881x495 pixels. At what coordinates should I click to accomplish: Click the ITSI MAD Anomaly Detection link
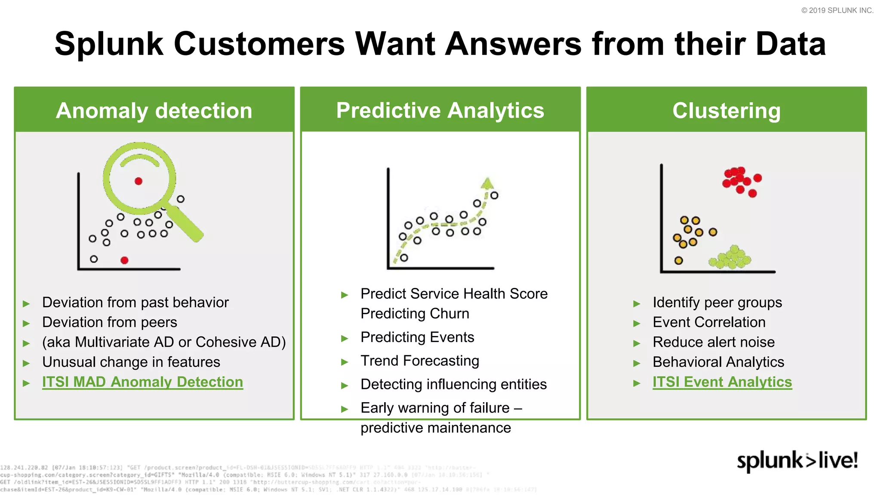[142, 382]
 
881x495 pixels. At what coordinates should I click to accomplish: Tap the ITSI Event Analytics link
[722, 382]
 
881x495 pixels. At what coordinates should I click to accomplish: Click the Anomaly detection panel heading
[154, 110]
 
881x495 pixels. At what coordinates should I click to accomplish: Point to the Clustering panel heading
[726, 110]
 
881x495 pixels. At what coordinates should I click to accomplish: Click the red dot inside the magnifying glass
[139, 181]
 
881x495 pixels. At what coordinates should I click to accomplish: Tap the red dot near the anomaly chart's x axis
[124, 260]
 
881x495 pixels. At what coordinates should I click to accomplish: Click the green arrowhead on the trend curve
[487, 183]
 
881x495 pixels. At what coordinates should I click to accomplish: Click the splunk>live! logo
[797, 461]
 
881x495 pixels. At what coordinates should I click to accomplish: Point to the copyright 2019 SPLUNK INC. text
[837, 10]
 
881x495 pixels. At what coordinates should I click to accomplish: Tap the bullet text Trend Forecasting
[419, 361]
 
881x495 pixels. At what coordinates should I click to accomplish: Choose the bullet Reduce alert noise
[713, 342]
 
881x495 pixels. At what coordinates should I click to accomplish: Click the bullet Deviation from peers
[109, 322]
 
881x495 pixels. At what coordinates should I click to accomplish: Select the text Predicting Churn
[415, 313]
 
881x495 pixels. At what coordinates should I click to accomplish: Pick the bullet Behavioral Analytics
[718, 362]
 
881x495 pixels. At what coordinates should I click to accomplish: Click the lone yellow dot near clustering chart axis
[678, 260]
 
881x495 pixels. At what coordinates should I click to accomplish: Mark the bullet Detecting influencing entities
[453, 384]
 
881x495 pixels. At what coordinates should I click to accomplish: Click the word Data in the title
[790, 44]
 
